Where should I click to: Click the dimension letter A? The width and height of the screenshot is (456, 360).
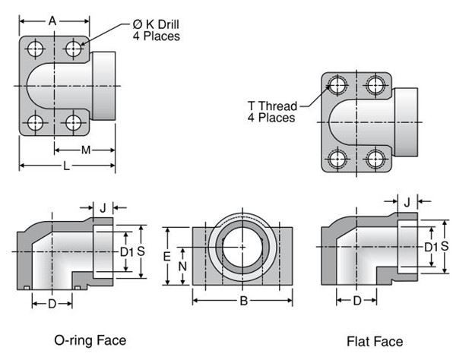click(x=52, y=21)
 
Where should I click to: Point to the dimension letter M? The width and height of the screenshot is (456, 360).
click(x=85, y=150)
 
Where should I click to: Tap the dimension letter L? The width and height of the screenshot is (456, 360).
click(x=67, y=166)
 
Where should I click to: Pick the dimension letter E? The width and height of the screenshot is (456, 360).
click(x=166, y=257)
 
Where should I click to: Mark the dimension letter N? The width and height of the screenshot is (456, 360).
click(x=182, y=267)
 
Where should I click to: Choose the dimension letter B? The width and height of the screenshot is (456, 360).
click(x=243, y=302)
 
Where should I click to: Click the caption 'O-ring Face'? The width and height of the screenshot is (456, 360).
click(x=90, y=339)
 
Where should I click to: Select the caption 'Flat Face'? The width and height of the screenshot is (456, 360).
click(x=375, y=341)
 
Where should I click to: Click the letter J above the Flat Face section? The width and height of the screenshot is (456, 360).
click(x=407, y=201)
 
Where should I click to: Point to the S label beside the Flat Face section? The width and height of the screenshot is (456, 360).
click(x=445, y=245)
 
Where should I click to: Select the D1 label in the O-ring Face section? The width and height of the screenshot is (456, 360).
click(x=126, y=251)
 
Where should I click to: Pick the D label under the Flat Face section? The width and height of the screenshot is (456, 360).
click(x=356, y=301)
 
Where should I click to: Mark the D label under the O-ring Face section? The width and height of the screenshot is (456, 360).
click(x=52, y=303)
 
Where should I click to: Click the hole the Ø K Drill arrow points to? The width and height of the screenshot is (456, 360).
click(x=74, y=49)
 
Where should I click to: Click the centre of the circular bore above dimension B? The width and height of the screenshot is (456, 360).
click(x=242, y=248)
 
